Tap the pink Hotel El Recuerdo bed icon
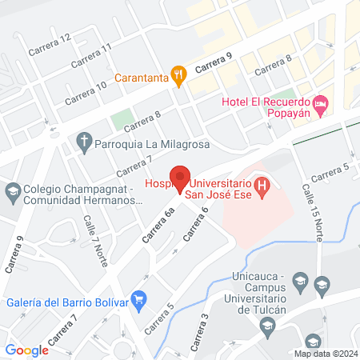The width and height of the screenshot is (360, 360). [320, 103]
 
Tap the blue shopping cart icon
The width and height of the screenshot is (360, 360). [139, 302]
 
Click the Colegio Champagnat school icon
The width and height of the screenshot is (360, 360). [12, 192]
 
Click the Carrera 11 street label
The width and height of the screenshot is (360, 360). [90, 57]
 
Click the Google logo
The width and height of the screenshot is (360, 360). [27, 350]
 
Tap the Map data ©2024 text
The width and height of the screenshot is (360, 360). [325, 353]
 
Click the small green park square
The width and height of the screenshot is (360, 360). [122, 120]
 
